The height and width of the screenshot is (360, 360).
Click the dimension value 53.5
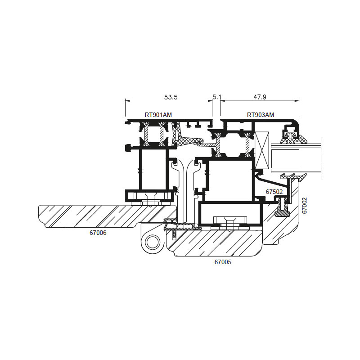coord(171,97)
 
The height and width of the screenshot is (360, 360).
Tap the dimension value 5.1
coord(216,97)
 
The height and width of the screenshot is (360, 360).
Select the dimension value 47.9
coord(260,97)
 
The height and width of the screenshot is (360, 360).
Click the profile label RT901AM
coord(158,115)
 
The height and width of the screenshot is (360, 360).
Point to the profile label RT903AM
coord(261,115)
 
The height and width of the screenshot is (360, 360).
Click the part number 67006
coord(98,233)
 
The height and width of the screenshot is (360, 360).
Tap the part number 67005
coord(223,262)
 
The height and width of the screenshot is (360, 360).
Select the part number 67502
coord(274,192)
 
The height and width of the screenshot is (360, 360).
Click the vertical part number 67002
coord(305,206)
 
